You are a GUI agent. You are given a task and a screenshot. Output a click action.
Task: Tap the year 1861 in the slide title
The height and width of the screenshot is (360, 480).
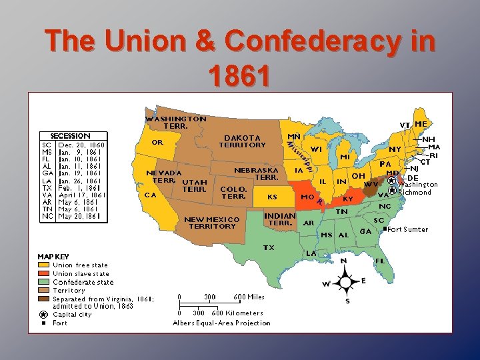(x=239, y=75)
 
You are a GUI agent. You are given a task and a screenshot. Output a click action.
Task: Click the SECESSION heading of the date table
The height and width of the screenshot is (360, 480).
(x=70, y=135)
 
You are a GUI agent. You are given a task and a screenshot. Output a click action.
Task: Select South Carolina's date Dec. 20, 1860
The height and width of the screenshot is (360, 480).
(x=81, y=144)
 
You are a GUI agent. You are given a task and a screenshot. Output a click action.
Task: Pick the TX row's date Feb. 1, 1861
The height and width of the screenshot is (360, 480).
(x=79, y=187)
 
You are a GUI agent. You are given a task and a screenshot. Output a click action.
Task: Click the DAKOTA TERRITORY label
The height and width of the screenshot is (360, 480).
(x=242, y=141)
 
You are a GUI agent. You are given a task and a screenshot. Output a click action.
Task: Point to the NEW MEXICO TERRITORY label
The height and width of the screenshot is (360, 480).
(x=211, y=222)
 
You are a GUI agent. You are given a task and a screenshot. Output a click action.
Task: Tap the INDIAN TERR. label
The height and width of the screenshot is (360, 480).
(x=280, y=219)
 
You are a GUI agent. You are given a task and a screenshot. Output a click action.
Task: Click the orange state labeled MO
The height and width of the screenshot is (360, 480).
(x=308, y=198)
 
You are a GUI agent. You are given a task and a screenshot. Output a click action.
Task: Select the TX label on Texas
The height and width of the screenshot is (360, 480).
(x=269, y=247)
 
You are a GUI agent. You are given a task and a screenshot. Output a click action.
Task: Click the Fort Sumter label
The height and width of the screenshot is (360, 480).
(x=407, y=229)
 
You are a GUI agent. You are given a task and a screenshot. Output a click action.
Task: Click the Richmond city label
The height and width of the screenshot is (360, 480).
(x=414, y=192)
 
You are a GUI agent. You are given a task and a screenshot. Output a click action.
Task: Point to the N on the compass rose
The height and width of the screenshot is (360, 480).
(x=343, y=261)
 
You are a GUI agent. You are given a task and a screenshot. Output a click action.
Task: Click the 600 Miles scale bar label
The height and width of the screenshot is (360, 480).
(x=249, y=297)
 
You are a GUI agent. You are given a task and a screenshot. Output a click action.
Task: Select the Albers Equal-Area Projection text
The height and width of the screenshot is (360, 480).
(x=221, y=323)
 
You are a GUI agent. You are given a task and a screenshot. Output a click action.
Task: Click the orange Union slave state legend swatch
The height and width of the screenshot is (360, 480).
(x=44, y=273)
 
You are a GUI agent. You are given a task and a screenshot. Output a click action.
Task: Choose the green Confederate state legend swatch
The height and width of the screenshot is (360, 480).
(x=44, y=282)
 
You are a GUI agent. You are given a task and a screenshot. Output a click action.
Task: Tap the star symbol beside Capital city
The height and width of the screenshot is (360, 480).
(x=43, y=314)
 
